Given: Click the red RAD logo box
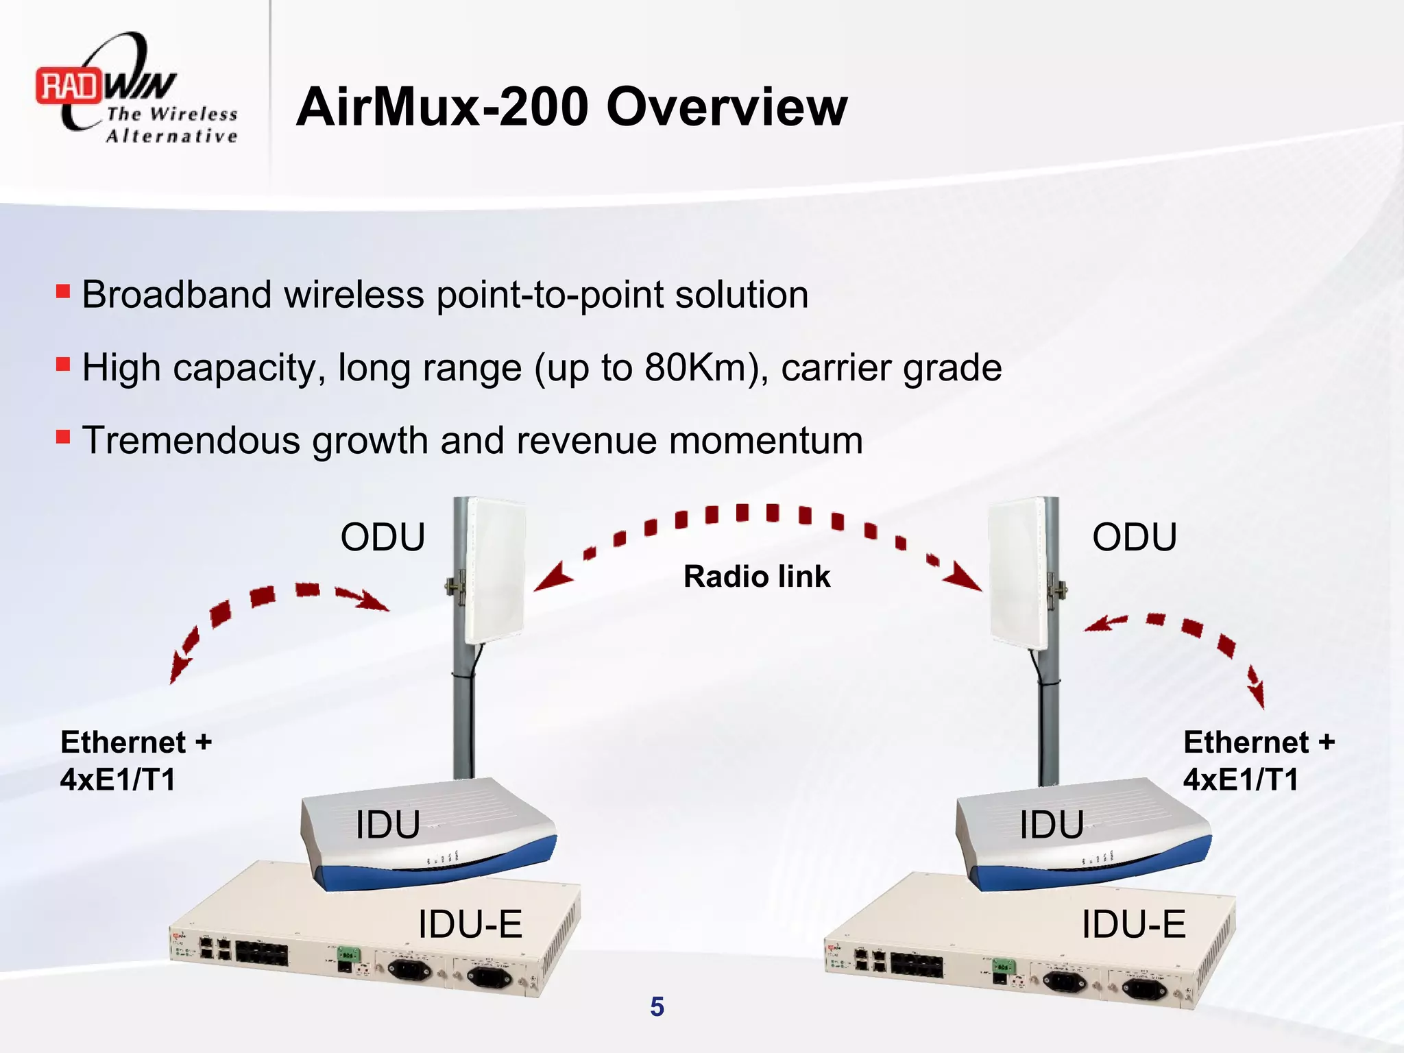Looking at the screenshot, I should tap(69, 86).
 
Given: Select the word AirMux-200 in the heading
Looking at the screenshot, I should tap(442, 107).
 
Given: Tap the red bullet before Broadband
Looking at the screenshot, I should tap(63, 292).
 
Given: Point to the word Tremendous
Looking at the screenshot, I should tap(191, 440).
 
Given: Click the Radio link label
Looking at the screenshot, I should tap(756, 577).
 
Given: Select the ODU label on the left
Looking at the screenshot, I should tap(383, 537).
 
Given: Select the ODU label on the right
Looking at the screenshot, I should tap(1134, 537).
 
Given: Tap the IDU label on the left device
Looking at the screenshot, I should tap(387, 825).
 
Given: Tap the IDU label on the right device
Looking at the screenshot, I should tap(1051, 825).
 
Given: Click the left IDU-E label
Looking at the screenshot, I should tap(470, 924).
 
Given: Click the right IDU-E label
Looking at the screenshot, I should tap(1133, 924).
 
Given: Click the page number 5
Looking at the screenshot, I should tap(657, 1007).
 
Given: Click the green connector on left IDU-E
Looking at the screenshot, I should tap(348, 954).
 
